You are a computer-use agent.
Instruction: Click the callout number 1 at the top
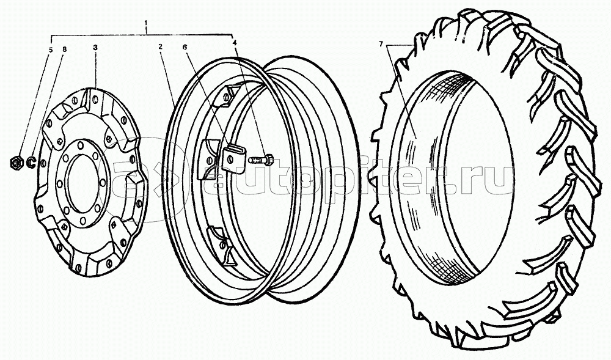coord(146,23)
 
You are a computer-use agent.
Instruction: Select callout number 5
coord(50,50)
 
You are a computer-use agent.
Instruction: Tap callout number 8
coord(65,50)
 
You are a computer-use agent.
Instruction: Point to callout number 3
coord(95,46)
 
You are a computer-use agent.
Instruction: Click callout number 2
coord(160,46)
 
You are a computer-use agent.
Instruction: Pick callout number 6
coord(185,46)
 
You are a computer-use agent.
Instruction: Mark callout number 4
coord(234,42)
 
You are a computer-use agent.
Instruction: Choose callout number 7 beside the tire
coord(381,45)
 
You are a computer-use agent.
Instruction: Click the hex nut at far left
coord(16,162)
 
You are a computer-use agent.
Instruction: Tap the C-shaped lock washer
coord(32,162)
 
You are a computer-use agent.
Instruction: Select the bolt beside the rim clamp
coord(261,160)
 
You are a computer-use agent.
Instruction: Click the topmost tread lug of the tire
coord(474,18)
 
